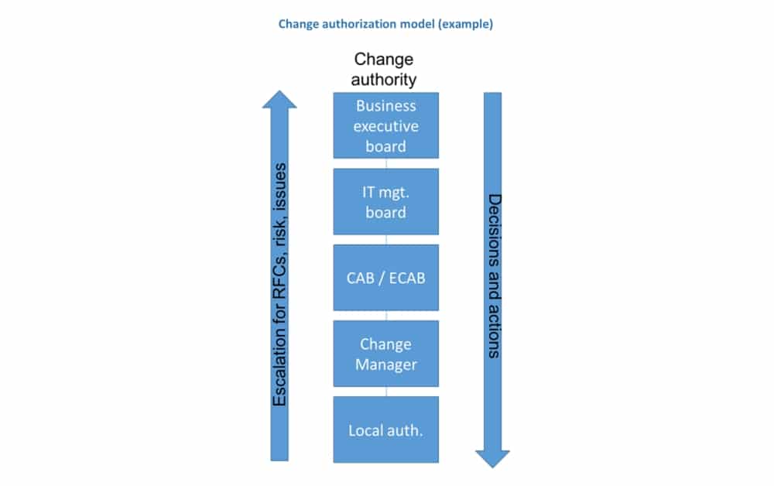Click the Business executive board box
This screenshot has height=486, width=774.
(x=385, y=125)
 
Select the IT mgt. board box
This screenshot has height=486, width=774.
(x=385, y=201)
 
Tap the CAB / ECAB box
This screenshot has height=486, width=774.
(x=385, y=277)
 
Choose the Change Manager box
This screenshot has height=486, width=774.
(x=385, y=353)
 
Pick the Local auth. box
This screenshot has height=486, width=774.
(x=385, y=430)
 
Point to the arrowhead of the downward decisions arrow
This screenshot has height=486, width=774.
(x=492, y=457)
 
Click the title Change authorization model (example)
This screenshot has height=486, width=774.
(x=385, y=24)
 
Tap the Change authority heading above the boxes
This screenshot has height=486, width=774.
(x=384, y=69)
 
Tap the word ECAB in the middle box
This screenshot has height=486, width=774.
(x=403, y=277)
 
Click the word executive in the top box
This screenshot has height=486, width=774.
(x=385, y=125)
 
